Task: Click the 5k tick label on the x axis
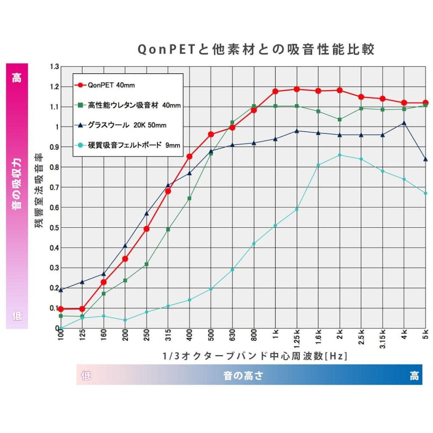coord(426,334)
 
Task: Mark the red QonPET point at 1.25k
coord(297,89)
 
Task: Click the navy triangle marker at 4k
coord(404,123)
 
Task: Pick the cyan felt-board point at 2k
coord(339,155)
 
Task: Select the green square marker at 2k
coord(339,120)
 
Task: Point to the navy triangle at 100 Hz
coord(61,290)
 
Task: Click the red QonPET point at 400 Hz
coord(189,156)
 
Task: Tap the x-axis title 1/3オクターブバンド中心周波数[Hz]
coord(255,356)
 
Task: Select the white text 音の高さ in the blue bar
coord(243,375)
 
